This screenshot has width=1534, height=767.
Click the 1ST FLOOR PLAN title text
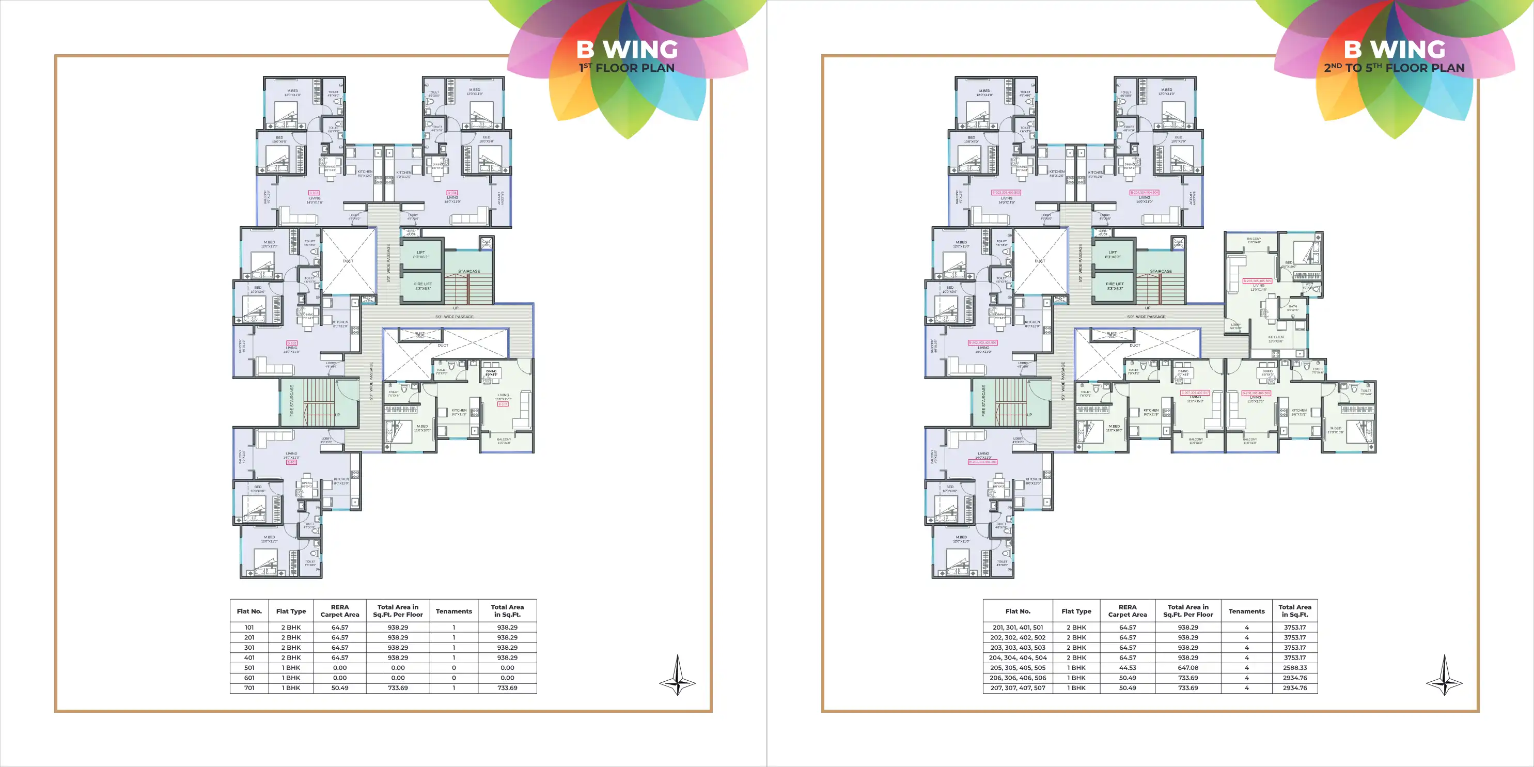click(627, 68)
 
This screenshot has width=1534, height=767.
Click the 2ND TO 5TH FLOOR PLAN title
click(1394, 68)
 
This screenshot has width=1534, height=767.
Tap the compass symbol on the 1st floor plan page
click(677, 676)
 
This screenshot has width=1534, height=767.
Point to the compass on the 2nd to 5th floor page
click(1444, 676)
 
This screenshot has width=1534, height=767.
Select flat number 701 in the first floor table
click(249, 688)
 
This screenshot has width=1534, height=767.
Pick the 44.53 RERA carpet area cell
click(1128, 667)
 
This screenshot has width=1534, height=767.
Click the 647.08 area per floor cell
click(1187, 667)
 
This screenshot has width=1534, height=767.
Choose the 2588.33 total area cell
click(1295, 667)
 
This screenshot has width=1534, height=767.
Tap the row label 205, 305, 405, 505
click(1018, 667)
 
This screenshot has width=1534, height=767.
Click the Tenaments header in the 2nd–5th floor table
click(1246, 611)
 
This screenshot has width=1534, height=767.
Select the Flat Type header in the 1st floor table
click(291, 611)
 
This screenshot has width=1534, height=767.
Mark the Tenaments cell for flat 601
click(454, 678)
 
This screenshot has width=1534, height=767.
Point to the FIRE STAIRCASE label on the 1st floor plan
click(292, 400)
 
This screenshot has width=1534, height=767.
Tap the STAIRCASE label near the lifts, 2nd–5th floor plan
click(1161, 271)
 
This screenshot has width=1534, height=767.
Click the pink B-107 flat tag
click(503, 404)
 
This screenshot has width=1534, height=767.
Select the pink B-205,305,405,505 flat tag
click(1257, 281)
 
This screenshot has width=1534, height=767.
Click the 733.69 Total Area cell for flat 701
click(507, 688)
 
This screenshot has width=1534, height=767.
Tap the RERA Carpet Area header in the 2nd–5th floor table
click(1128, 611)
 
